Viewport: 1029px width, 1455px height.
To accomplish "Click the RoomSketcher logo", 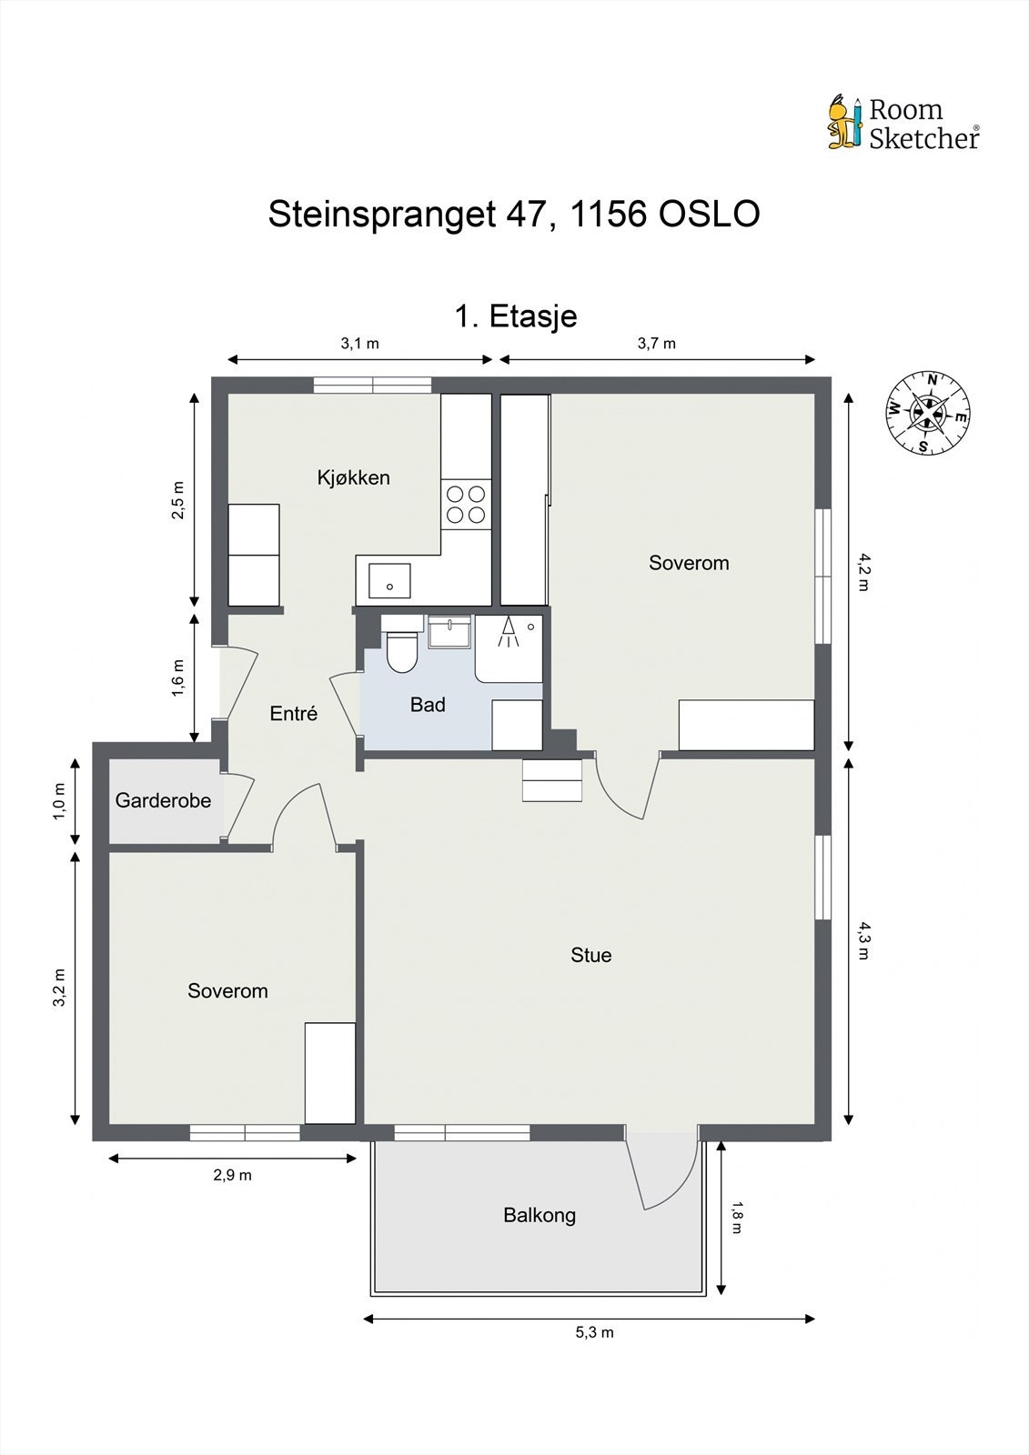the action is click(x=903, y=124).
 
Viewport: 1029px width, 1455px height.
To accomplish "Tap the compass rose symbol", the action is click(x=928, y=413).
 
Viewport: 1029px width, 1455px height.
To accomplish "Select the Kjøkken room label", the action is click(x=354, y=477).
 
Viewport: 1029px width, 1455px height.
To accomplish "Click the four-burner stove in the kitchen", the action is click(x=466, y=505).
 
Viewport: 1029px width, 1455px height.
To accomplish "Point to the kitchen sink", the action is click(x=389, y=581).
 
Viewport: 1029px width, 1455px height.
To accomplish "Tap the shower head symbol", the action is click(x=509, y=631).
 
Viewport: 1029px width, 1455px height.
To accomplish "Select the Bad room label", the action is click(x=428, y=705).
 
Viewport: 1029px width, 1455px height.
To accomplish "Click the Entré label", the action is click(x=294, y=713).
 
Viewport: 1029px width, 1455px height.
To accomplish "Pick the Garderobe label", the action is click(x=163, y=800).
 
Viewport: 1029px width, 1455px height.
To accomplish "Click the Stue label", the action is click(x=590, y=955).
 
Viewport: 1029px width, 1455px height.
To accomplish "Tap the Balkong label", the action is click(x=540, y=1215).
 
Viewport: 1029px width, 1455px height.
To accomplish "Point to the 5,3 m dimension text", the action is click(x=595, y=1332).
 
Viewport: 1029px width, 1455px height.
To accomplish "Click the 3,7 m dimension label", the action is click(x=657, y=344).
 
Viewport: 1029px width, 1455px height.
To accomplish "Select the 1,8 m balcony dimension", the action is click(x=736, y=1218).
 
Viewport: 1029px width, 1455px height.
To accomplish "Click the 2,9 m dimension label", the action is click(x=233, y=1175).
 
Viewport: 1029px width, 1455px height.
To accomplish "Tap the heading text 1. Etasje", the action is click(x=516, y=316).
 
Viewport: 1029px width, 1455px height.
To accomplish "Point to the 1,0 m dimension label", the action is click(x=59, y=801).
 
